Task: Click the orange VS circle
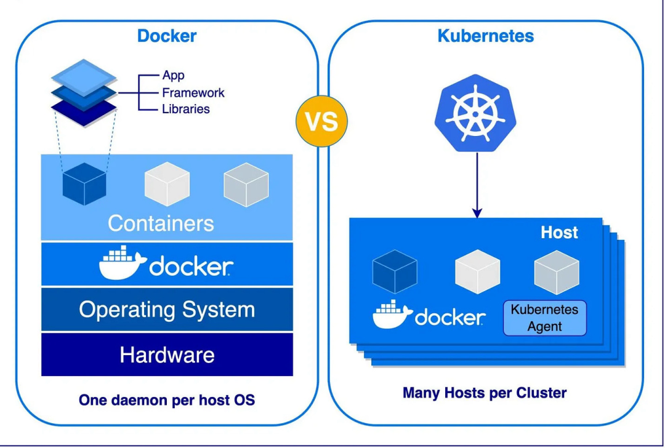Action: [321, 121]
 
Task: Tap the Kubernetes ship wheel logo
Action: [475, 114]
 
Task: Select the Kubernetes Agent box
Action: [544, 318]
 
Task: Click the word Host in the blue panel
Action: [559, 233]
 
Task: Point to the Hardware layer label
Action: [167, 354]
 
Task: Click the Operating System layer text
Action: [167, 310]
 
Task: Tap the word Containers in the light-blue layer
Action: [161, 223]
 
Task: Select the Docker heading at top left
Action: [167, 36]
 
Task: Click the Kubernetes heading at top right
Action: [486, 36]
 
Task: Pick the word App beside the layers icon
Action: [174, 76]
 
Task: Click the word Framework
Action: [193, 92]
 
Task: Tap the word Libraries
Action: [186, 109]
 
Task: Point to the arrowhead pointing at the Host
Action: [477, 213]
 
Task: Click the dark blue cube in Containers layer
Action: [84, 184]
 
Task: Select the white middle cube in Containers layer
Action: [167, 184]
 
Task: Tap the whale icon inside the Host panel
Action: [392, 314]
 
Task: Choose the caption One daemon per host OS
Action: [167, 400]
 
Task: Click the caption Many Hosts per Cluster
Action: [485, 393]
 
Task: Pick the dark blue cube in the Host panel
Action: [395, 271]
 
